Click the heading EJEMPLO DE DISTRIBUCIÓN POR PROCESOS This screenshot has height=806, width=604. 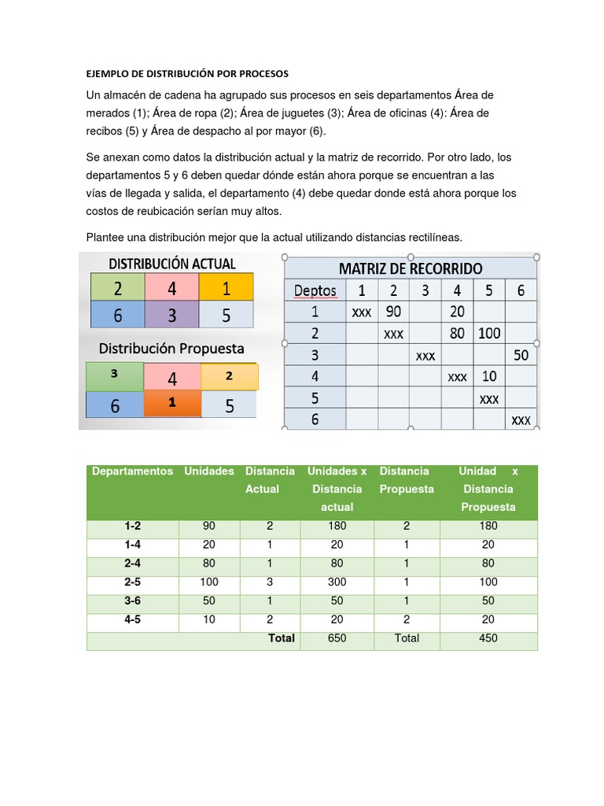tap(187, 73)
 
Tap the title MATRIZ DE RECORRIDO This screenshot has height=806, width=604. tap(411, 268)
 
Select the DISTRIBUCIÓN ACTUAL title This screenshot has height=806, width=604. tap(171, 263)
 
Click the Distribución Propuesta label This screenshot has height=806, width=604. tap(171, 348)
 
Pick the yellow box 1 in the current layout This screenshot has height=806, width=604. tap(226, 289)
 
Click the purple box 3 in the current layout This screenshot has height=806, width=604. tap(171, 315)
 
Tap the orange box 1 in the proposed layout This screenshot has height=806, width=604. tap(171, 403)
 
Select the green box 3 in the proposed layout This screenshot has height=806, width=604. tap(114, 375)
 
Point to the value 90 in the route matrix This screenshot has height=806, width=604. tap(393, 312)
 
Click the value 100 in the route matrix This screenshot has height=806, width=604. tap(488, 333)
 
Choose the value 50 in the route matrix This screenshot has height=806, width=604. tap(521, 355)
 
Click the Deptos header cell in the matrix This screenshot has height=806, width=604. tap(315, 290)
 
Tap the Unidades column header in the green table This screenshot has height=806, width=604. tap(209, 471)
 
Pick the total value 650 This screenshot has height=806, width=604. tap(337, 638)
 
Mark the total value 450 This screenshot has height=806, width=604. tap(488, 638)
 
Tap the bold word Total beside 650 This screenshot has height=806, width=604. tap(282, 638)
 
